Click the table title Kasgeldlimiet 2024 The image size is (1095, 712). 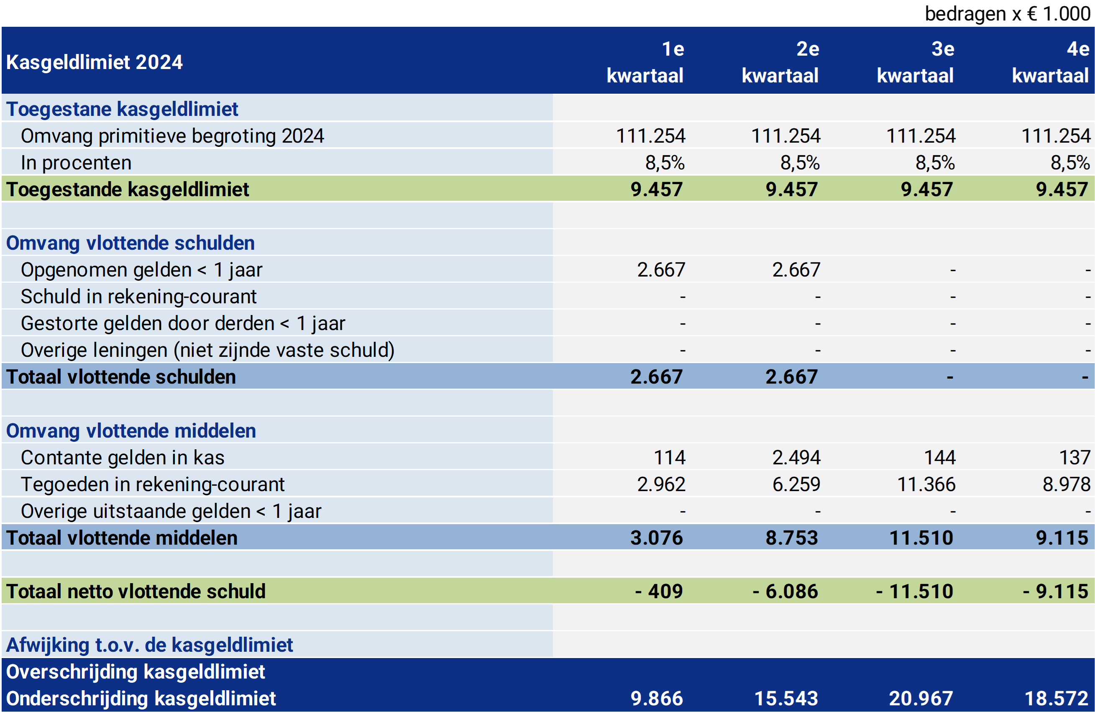95,62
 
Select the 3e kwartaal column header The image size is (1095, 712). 916,62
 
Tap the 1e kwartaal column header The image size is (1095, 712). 645,62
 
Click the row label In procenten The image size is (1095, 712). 76,163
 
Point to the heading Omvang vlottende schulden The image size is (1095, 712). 130,243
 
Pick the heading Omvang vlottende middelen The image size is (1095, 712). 131,431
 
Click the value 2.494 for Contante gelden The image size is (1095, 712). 796,458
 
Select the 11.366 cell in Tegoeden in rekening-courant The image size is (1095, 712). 926,484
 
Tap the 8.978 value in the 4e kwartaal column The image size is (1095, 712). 1066,484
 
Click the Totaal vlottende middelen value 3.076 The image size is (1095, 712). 656,538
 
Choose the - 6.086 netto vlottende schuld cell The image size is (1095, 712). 785,592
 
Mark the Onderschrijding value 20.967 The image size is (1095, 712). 921,699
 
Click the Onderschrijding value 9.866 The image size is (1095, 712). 656,699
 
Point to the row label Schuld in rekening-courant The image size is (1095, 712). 138,297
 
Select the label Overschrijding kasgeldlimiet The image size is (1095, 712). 136,672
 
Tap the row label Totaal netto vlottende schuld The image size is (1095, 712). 136,592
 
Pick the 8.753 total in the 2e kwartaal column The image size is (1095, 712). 791,538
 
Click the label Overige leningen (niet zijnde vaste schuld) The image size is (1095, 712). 207,350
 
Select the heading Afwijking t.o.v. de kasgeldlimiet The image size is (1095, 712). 150,645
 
